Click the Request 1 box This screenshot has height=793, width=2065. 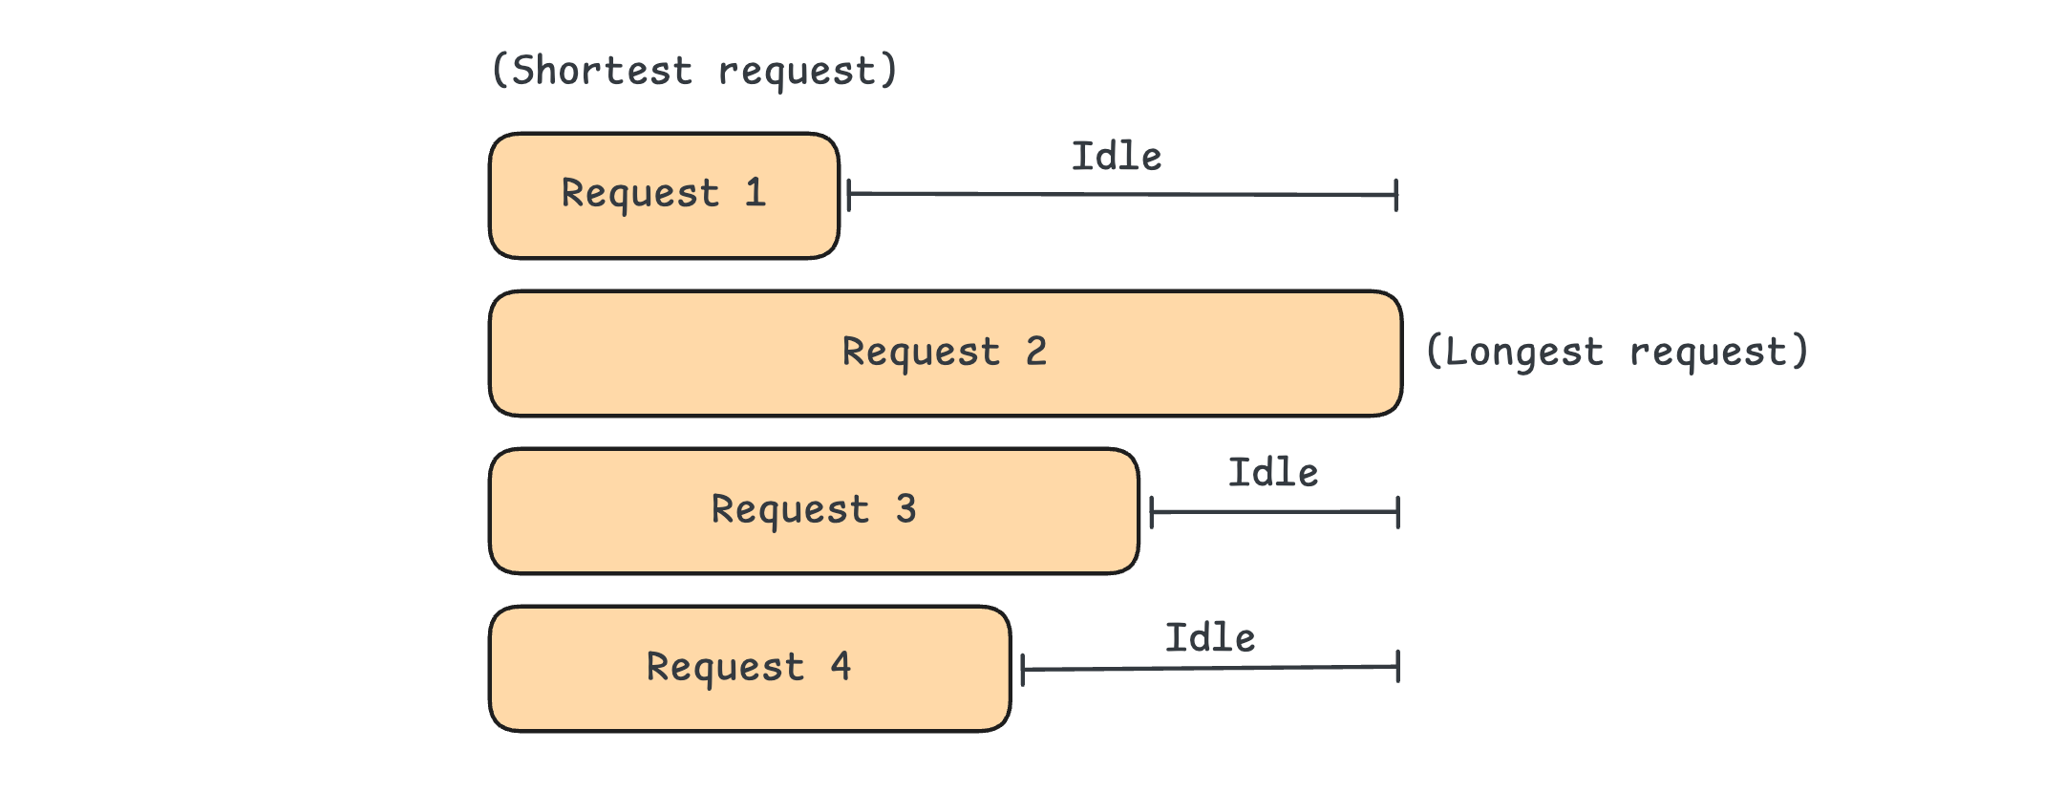point(664,196)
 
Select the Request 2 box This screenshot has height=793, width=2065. point(946,354)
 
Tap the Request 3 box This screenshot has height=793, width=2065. point(814,511)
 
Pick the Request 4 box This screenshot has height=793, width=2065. point(750,669)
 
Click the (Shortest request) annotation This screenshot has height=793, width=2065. point(694,71)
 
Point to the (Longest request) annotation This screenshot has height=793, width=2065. point(1617,352)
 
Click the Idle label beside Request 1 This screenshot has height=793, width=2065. point(1117,156)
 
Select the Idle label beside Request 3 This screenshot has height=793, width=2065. point(1273,472)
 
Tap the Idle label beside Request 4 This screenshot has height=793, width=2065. point(1210,637)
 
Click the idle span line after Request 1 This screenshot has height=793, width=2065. point(1122,195)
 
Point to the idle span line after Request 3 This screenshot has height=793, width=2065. point(1275,512)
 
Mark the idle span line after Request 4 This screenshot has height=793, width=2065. point(1210,668)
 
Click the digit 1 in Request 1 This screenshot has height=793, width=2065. point(756,192)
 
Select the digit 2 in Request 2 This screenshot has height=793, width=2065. point(1036,351)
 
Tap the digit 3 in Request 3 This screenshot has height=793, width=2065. point(905,508)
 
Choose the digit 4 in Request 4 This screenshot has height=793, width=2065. point(841,665)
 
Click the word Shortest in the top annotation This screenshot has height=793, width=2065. point(603,71)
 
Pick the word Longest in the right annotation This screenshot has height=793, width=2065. point(1524,352)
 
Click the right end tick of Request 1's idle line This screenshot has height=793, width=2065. point(1396,195)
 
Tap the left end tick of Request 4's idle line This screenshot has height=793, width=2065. point(1023,670)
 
